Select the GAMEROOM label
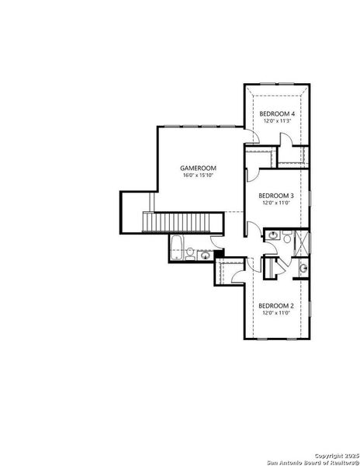[198, 168]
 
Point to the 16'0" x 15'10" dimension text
[198, 176]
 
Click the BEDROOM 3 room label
[275, 195]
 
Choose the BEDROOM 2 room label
[275, 305]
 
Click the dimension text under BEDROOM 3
[275, 203]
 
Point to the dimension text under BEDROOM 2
[275, 313]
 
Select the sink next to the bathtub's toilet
[205, 254]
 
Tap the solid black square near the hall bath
[220, 252]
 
